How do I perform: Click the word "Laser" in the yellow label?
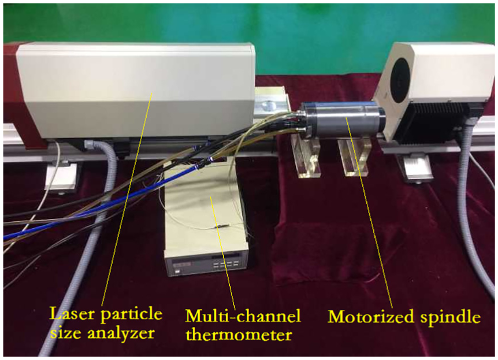click(x=72, y=314)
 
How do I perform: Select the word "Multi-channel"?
click(x=243, y=316)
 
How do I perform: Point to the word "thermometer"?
click(x=239, y=335)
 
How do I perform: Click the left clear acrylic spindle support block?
click(x=306, y=155)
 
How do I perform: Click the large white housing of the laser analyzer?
click(x=136, y=91)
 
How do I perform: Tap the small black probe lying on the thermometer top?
click(x=222, y=226)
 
